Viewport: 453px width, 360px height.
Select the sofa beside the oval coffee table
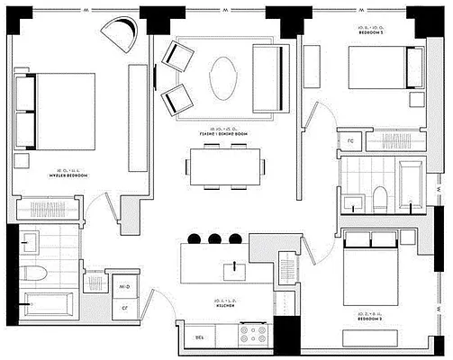tap(268, 77)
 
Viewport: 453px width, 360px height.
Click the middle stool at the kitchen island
tap(214, 238)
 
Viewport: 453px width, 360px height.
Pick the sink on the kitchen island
tap(236, 269)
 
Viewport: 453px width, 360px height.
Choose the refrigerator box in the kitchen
tap(200, 336)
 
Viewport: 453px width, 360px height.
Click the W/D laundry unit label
tap(125, 286)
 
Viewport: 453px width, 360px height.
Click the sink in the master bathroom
tap(28, 241)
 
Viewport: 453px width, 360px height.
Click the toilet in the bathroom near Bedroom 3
tap(380, 197)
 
